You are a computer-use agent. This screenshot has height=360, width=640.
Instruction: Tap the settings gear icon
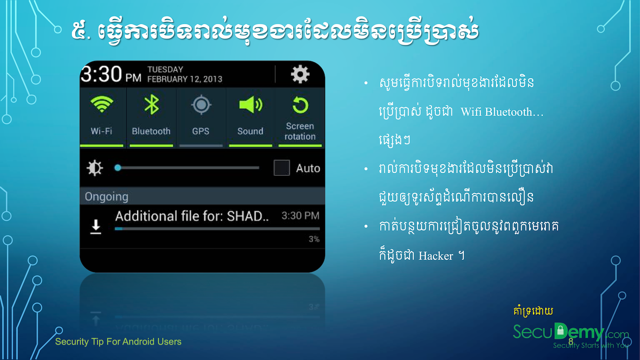(300, 74)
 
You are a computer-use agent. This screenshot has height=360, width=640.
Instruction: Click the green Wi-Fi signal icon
(102, 104)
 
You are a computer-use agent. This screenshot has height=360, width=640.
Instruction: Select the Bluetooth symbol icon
(151, 104)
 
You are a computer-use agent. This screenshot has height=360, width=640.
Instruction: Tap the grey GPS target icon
(201, 105)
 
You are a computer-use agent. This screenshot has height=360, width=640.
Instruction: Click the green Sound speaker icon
(250, 105)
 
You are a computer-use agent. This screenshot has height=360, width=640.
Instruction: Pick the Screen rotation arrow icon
(300, 105)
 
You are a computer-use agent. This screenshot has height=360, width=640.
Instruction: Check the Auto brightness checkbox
(282, 168)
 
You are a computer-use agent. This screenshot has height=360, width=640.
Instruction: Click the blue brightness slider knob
(118, 168)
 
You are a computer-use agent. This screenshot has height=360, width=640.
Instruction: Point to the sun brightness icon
(95, 168)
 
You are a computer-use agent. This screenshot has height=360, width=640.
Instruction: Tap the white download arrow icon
(96, 227)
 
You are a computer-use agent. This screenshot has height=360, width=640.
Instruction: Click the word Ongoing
(106, 197)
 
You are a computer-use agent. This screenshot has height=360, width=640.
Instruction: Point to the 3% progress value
(314, 239)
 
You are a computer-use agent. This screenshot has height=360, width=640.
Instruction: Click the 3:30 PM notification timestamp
(300, 216)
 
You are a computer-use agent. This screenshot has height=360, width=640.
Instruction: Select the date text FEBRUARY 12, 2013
(185, 79)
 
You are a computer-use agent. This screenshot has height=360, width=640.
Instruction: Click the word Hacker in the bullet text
(436, 256)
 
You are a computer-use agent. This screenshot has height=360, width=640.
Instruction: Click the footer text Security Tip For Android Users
(118, 342)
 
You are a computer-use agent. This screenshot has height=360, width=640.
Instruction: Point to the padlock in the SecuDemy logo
(561, 330)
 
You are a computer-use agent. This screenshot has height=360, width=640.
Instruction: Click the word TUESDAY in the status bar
(165, 70)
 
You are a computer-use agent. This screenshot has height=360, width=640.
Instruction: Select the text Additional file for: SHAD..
(192, 216)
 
